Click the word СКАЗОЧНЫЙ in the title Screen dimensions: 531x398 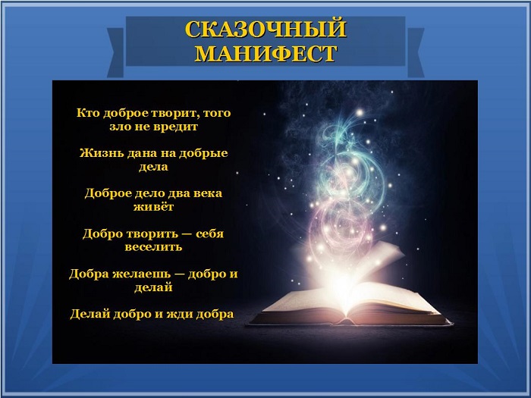click(x=265, y=29)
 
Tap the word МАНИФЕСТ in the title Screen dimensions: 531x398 click(x=266, y=54)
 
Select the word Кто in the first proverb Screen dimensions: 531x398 click(x=88, y=112)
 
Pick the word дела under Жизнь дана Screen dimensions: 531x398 click(x=153, y=167)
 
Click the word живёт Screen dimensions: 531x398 click(x=153, y=206)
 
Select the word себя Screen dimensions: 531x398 click(x=210, y=233)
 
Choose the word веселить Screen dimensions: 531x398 click(x=153, y=247)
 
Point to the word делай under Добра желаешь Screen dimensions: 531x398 click(x=153, y=287)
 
